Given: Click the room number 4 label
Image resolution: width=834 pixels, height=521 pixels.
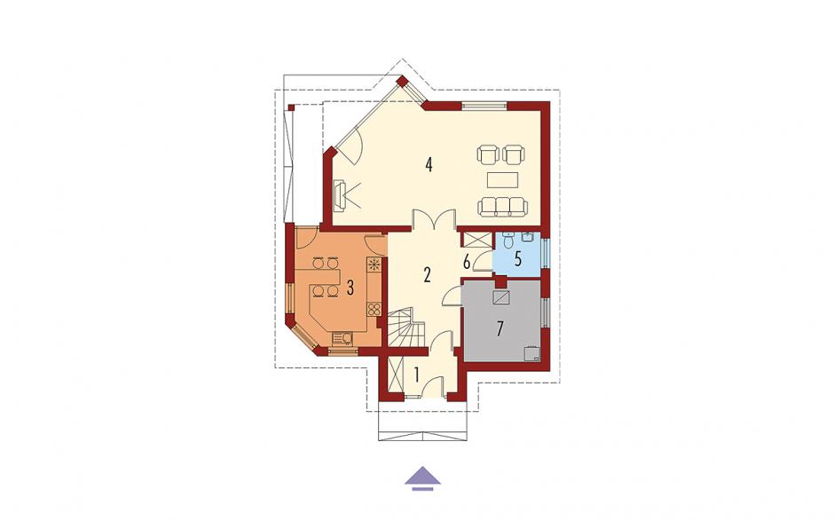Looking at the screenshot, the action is [x=429, y=164].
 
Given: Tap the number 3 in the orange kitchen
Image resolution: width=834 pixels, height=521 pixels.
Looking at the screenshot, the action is [x=350, y=288].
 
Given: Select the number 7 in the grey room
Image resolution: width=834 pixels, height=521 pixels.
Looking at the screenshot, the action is [x=500, y=329].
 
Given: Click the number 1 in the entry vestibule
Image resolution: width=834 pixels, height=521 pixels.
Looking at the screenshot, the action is [x=417, y=375].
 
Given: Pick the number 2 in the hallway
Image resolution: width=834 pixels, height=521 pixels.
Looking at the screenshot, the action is [x=427, y=274].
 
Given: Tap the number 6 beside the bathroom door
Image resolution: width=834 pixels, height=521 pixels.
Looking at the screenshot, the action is [x=467, y=263].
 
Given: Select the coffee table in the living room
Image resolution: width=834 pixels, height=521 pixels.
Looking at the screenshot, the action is [x=503, y=179].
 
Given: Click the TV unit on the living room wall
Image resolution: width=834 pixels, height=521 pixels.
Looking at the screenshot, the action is [x=339, y=196].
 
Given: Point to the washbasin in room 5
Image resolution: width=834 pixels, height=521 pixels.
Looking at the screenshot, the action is [x=528, y=237].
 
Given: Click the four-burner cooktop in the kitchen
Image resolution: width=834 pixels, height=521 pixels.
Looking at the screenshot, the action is [x=374, y=309].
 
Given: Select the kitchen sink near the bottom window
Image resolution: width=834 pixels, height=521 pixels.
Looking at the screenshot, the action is [x=342, y=338].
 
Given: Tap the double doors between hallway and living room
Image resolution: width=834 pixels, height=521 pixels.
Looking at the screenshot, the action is [x=435, y=219].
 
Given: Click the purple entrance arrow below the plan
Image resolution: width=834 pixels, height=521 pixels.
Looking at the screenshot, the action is [x=422, y=477].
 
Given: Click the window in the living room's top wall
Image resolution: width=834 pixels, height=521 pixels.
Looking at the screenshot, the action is [x=484, y=106].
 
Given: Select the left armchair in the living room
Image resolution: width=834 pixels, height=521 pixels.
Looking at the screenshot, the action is [x=489, y=154].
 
